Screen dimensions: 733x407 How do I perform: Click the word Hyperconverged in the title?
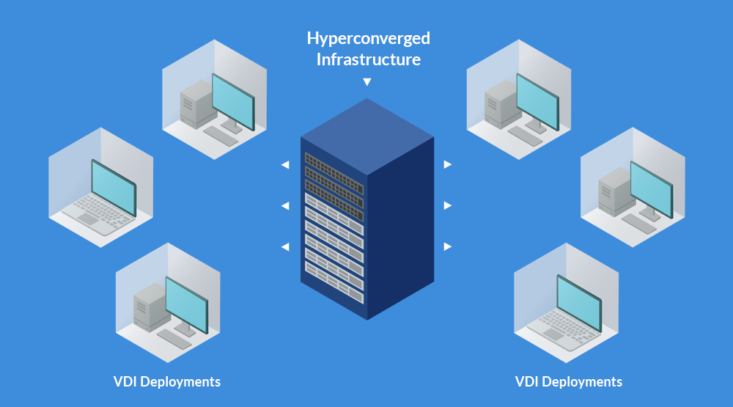pos(369,39)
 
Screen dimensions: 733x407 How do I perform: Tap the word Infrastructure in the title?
pos(369,59)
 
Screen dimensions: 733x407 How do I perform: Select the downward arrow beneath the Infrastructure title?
pos(367,82)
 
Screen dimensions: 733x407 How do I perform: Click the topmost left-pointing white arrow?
pos(285,165)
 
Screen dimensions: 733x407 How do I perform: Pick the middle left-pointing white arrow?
pos(285,206)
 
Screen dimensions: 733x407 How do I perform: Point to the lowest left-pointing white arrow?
pos(285,246)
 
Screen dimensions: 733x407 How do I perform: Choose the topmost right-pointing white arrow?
pos(447,165)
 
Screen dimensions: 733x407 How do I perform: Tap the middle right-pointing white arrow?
pos(447,205)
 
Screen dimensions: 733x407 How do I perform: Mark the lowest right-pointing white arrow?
pos(447,246)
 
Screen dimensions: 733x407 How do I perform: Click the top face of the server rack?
pos(367,136)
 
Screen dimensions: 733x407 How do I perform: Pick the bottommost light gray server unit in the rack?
pos(334,282)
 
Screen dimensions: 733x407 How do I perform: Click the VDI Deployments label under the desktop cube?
pos(167,382)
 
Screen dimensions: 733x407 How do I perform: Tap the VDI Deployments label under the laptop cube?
pos(569,382)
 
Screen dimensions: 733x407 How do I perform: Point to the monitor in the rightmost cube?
pos(652,190)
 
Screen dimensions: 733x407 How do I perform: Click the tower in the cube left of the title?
pos(196,104)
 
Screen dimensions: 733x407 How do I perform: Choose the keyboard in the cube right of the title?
pos(525,136)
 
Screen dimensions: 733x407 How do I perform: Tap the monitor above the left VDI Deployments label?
pos(187,305)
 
